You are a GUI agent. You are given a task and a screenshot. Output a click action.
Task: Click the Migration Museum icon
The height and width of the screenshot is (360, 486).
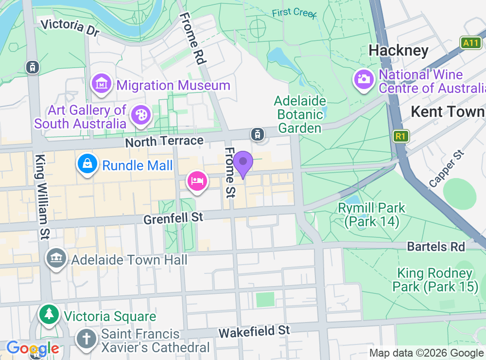101,84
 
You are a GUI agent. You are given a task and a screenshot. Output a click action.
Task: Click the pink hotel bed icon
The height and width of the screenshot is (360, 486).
197,181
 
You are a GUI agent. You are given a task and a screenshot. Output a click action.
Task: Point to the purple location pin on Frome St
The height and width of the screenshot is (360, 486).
243,163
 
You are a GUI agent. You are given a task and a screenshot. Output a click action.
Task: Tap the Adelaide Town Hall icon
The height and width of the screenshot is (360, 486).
56,258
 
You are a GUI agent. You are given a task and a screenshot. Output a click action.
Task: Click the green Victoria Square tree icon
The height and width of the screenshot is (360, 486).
49,315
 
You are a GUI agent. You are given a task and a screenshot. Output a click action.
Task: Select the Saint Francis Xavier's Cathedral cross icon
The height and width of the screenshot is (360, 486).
87,340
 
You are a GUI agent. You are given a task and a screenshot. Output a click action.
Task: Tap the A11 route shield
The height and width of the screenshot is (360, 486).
470,43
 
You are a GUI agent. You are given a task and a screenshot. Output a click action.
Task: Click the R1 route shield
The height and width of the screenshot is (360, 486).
400,136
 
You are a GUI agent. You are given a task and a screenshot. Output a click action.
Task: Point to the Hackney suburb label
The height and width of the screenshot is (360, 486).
398,50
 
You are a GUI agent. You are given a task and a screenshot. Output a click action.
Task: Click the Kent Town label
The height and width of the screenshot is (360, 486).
447,111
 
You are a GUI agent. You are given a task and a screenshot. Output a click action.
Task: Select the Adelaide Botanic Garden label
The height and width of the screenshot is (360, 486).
299,115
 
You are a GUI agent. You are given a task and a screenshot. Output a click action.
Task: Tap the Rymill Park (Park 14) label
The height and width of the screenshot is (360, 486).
371,215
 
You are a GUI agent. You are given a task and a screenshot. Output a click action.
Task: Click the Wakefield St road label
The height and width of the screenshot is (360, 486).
254,332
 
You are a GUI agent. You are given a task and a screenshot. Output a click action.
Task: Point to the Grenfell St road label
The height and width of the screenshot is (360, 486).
173,217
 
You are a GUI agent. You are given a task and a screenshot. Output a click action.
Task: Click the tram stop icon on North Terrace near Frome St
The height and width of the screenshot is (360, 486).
257,133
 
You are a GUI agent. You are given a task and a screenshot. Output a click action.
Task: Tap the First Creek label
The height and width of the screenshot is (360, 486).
294,13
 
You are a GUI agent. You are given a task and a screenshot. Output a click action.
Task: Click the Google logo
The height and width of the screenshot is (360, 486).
33,348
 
